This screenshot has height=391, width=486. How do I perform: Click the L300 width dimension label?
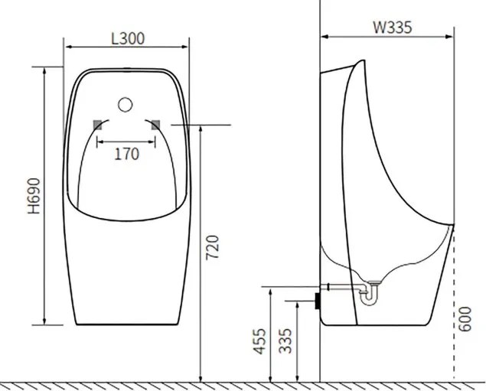(x=127, y=37)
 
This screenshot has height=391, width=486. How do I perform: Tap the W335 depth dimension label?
(x=393, y=27)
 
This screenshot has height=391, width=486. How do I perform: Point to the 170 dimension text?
(x=126, y=154)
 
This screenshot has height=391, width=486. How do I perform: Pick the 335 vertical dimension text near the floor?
(x=284, y=341)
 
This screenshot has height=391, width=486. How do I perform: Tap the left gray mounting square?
(x=97, y=124)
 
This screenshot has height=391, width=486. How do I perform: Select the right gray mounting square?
(x=156, y=124)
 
